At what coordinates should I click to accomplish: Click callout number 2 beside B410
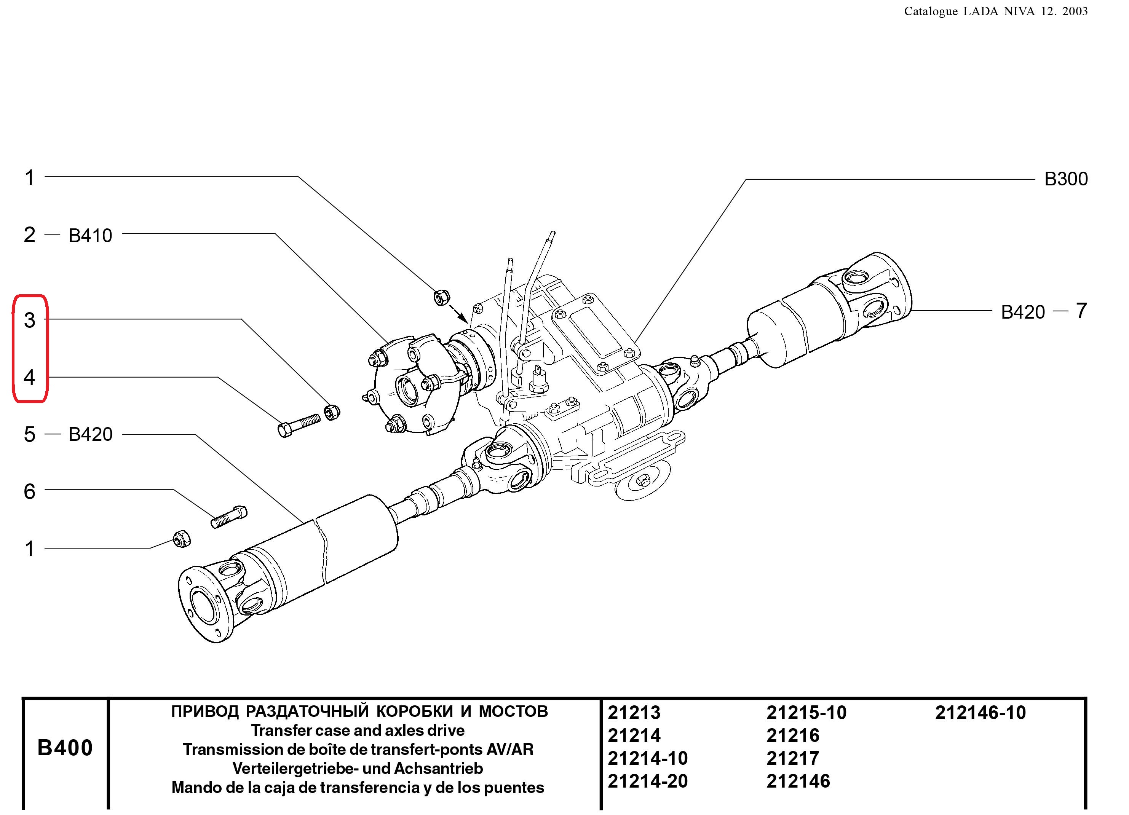pos(29,234)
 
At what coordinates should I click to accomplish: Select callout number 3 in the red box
pos(29,320)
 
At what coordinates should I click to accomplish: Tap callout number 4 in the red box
pos(29,377)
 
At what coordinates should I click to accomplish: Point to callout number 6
pos(29,491)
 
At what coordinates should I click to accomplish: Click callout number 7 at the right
pos(1081,311)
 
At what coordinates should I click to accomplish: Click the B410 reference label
pos(90,235)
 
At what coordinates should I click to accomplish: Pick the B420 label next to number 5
pos(90,434)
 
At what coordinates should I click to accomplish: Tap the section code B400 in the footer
pos(65,747)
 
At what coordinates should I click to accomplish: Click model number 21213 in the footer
pos(634,713)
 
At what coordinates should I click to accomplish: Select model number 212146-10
pos(980,713)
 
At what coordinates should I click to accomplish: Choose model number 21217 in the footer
pos(792,758)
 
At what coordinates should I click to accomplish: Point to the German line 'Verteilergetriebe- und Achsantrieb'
pos(358,768)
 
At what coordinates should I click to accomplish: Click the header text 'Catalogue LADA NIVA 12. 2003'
pos(996,11)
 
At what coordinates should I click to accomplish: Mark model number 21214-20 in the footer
pos(647,781)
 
